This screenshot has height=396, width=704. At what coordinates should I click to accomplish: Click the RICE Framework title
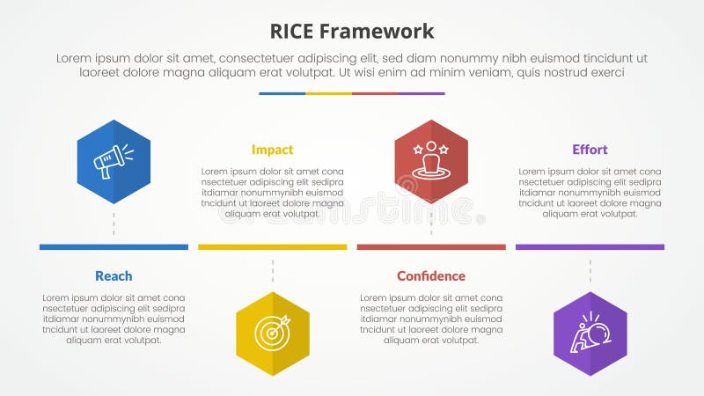point(352,32)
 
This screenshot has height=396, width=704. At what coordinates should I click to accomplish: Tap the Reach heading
point(114,276)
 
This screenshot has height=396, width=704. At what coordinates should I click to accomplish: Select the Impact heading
point(272,150)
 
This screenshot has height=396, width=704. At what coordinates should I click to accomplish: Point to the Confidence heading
point(431,276)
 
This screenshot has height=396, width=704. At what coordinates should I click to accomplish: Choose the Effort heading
point(590,150)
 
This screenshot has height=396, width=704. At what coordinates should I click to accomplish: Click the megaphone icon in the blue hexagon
point(114,161)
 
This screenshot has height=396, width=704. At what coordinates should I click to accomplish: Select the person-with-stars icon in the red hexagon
point(431,161)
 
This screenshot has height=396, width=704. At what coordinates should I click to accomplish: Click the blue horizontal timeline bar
point(114,247)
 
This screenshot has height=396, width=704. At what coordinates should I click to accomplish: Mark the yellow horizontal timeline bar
point(272,247)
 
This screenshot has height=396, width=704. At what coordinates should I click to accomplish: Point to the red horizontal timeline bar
point(431,247)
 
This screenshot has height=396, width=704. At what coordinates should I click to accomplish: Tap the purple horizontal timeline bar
point(590,247)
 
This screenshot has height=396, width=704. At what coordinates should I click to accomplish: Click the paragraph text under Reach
point(114,319)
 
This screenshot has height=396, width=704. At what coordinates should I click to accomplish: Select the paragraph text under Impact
point(272,192)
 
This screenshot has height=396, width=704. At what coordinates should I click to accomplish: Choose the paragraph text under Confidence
point(431,319)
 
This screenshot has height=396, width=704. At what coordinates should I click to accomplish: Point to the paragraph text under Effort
point(590,192)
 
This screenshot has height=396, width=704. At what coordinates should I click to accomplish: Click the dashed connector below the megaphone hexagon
point(114,224)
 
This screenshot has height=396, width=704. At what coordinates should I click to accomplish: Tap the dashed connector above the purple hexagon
point(590,271)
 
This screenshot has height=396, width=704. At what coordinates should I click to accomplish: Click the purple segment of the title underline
point(422,93)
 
